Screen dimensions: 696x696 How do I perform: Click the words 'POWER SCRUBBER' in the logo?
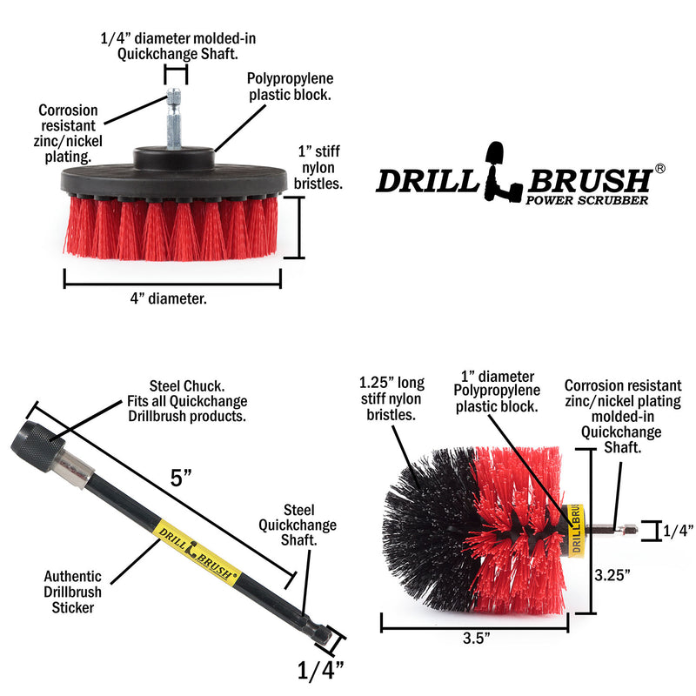[587, 200]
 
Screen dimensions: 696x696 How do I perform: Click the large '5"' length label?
[180, 478]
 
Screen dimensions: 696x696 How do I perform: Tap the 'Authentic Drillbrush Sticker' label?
[74, 592]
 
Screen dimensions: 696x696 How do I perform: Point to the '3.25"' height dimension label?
[613, 574]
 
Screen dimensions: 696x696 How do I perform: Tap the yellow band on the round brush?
[575, 530]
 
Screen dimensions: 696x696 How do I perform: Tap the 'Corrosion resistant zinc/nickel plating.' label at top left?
[68, 134]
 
